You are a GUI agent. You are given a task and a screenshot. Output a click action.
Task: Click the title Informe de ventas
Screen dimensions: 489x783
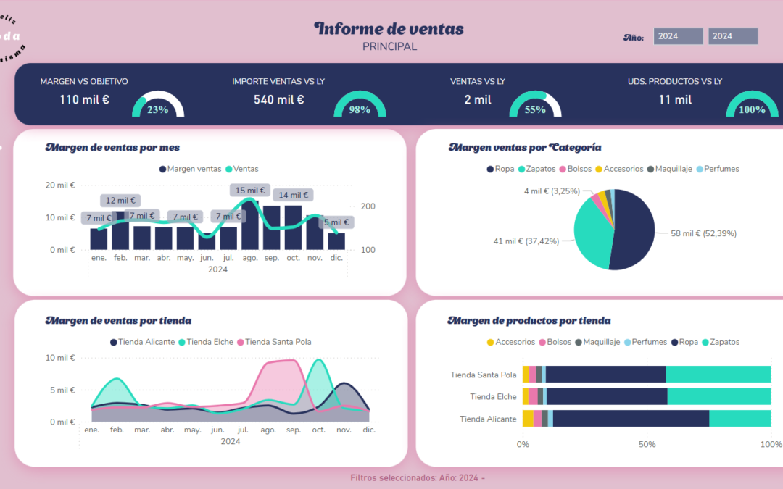point(389,29)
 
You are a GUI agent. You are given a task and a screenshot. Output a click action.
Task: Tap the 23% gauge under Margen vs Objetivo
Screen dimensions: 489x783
point(157,108)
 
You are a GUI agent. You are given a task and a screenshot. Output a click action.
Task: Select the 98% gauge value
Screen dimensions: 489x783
point(360,109)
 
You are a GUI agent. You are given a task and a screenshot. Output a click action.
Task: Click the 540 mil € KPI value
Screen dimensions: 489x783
point(278,99)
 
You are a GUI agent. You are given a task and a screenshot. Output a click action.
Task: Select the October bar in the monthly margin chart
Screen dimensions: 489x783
point(293,227)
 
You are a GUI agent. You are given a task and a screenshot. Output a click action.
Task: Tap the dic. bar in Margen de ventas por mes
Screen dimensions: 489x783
point(336,241)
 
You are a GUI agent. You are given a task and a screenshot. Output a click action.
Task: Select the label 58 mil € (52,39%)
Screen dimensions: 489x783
point(703,233)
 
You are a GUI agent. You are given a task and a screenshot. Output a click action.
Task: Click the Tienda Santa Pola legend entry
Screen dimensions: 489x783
point(278,342)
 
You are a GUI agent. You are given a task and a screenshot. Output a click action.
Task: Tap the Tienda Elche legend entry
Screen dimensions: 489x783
point(210,342)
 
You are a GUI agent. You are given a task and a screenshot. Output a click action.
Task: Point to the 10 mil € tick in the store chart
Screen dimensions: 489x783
point(60,358)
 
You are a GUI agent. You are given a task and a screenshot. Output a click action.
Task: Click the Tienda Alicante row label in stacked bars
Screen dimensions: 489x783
point(488,419)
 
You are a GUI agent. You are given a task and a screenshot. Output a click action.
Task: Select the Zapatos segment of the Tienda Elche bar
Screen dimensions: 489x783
point(718,396)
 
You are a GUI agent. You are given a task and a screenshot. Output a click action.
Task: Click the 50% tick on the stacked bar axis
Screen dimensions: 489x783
point(646,443)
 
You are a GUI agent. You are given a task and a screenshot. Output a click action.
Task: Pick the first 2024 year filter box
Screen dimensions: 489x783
point(678,36)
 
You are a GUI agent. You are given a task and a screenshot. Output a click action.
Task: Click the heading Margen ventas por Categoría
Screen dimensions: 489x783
point(525,147)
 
